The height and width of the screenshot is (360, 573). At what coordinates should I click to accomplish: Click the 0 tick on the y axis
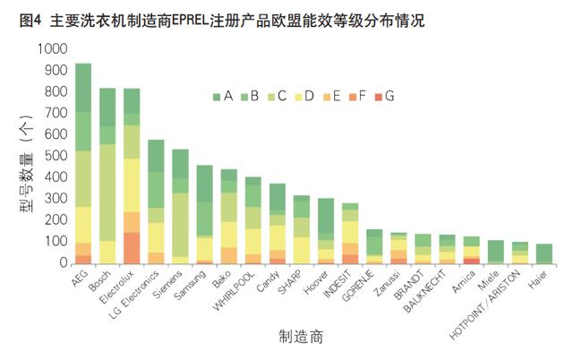click(x=63, y=263)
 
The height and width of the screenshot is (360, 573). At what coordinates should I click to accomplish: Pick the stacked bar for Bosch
click(x=107, y=179)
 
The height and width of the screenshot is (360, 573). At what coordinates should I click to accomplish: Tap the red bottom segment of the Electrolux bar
click(x=132, y=248)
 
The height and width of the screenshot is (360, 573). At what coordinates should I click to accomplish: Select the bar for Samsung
click(x=204, y=215)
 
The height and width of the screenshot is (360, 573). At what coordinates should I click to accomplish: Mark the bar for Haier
click(x=543, y=254)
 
